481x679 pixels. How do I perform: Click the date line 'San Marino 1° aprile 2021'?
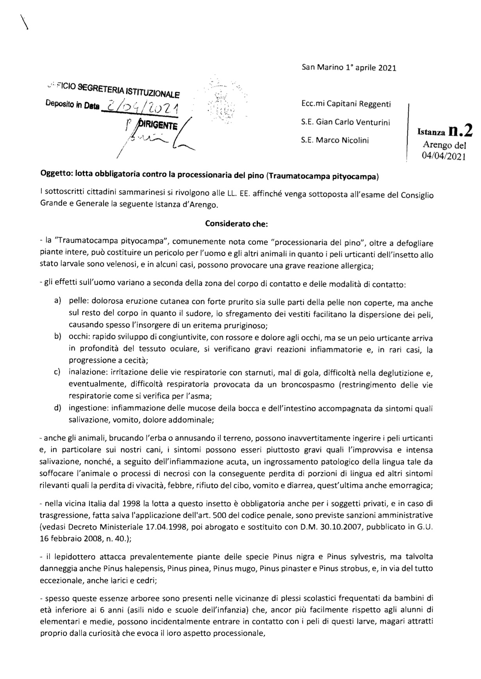tap(349, 68)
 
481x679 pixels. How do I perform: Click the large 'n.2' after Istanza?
tap(460, 131)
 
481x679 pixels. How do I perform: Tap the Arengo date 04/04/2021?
tap(444, 157)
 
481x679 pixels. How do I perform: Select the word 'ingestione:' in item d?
tap(88, 408)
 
